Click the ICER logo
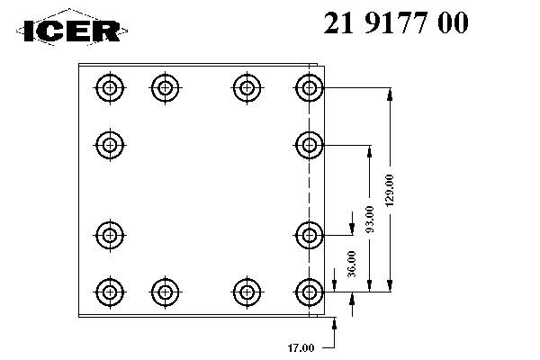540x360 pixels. (72, 28)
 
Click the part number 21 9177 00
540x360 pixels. (396, 22)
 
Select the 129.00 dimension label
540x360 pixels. (390, 190)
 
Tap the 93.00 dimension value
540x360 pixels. (370, 220)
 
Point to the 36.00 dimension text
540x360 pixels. (352, 265)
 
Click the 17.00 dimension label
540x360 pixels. (301, 348)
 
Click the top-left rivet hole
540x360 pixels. (110, 88)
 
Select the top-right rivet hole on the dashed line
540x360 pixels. (310, 88)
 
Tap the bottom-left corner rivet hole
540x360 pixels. (110, 292)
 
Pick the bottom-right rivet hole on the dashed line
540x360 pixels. (310, 292)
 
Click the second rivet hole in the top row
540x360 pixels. (166, 88)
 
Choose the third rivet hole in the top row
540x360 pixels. (247, 88)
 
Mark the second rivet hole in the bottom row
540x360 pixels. (166, 292)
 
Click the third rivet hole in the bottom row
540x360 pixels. (247, 292)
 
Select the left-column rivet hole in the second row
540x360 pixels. (110, 145)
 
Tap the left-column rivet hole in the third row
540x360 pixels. (110, 236)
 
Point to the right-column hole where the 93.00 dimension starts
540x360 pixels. (310, 145)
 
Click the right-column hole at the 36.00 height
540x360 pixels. (310, 236)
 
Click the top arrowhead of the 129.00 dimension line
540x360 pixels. (390, 94)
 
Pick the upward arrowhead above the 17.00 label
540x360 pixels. (334, 323)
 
